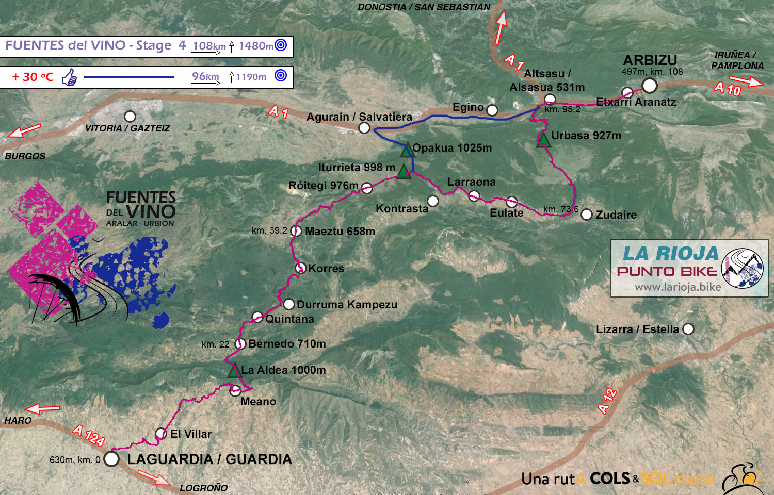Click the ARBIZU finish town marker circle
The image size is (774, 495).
649,85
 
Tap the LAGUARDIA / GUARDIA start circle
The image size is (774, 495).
111,458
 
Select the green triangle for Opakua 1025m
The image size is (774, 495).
407,150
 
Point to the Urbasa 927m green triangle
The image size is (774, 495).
543,139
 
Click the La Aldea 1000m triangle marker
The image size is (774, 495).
234,371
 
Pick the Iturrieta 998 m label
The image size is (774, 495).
357,168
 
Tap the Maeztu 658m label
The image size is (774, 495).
340,232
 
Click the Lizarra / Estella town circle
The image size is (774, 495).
688,329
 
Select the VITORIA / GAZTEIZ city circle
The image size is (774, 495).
130,117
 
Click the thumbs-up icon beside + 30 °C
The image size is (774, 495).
69,78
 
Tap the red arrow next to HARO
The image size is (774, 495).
42,409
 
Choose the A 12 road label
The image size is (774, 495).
607,401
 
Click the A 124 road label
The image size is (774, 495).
89,435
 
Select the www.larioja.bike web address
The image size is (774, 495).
678,287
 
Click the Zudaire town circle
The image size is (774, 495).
587,214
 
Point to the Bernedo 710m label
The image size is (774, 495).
287,344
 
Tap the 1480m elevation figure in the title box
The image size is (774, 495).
255,46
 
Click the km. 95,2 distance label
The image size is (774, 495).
562,109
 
